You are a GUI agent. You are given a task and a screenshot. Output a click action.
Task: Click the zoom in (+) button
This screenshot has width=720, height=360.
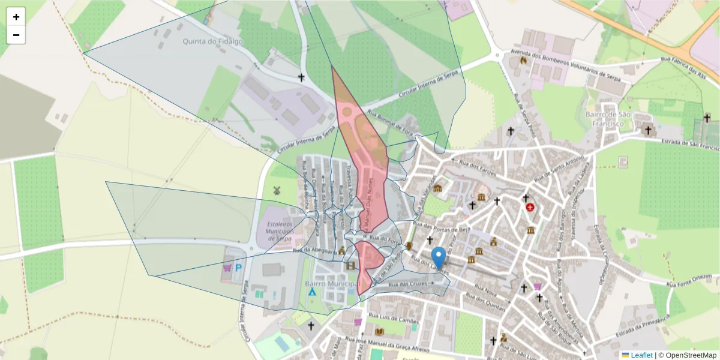(x=16, y=17)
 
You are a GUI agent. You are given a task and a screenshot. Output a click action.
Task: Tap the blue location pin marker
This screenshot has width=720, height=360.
(x=439, y=257)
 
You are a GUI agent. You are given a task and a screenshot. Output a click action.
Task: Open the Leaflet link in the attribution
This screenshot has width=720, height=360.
(x=637, y=355)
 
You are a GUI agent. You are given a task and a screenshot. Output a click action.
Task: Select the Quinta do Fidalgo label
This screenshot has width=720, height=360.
(x=205, y=42)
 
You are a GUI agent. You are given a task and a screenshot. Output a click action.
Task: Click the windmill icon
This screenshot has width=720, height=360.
(x=277, y=191)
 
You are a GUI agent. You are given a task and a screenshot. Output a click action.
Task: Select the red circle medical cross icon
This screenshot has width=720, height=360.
(x=530, y=208)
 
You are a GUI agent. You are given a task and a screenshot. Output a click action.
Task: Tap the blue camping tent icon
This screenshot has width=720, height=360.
(x=313, y=292)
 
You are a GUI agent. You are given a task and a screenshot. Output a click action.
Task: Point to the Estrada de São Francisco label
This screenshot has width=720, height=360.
(x=689, y=144)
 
